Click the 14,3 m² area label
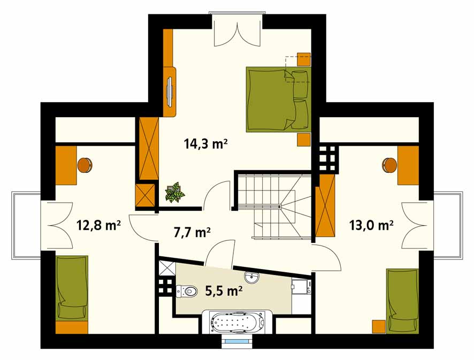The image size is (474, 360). (205, 144)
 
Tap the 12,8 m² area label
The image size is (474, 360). (99, 225)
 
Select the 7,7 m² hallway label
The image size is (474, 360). (192, 233)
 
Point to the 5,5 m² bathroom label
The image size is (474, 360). (224, 291)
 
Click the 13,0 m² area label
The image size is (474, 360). (371, 225)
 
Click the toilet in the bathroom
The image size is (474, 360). (186, 291)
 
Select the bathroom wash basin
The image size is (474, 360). (251, 277)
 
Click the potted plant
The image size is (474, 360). (175, 193)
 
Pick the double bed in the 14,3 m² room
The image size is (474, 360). (278, 99)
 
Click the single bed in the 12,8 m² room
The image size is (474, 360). (72, 287)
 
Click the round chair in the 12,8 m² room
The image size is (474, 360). (85, 166)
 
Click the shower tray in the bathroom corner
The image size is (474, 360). (167, 268)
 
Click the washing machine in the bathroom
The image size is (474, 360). (301, 287)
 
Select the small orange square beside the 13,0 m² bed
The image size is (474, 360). (378, 326)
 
